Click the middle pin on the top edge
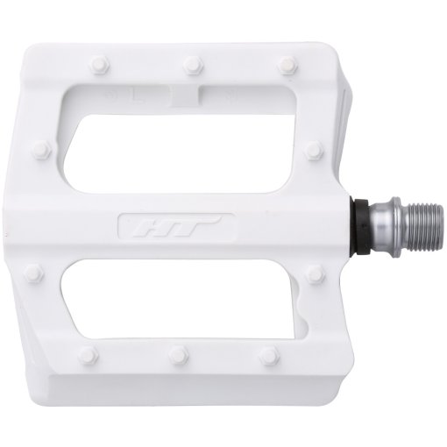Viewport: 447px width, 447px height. [189, 63]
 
